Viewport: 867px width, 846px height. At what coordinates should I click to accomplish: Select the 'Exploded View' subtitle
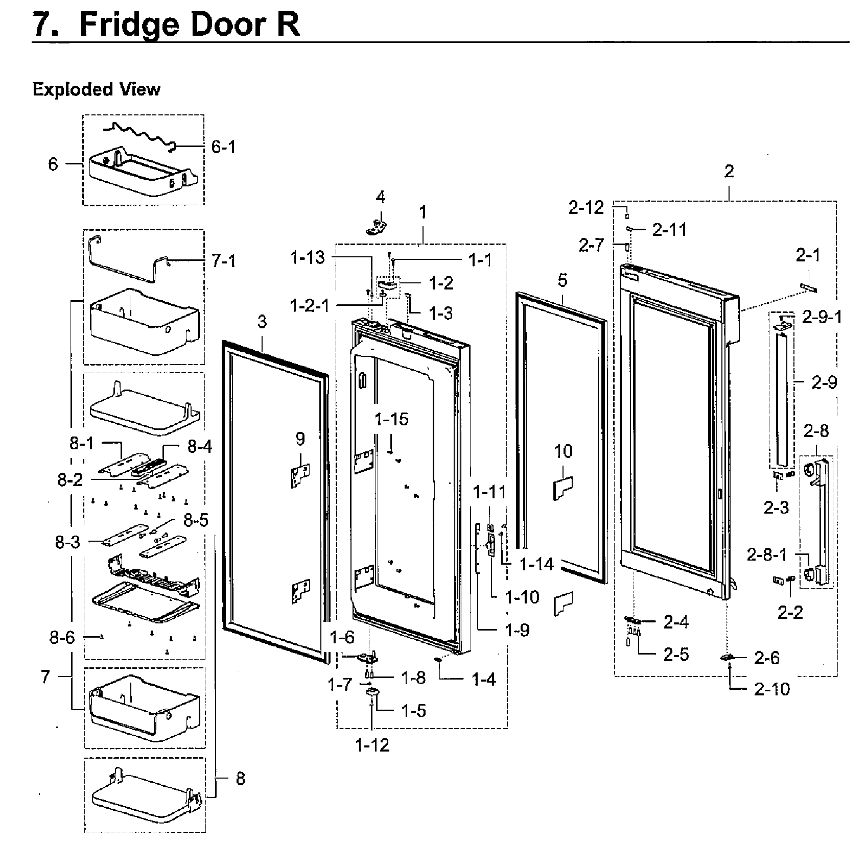coord(96,89)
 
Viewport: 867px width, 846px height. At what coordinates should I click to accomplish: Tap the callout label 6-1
coord(224,148)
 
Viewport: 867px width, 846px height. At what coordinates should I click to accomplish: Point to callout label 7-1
coord(224,261)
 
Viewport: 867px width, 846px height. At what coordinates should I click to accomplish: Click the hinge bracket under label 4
coord(377,226)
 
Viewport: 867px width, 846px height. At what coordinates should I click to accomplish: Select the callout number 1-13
coord(308,258)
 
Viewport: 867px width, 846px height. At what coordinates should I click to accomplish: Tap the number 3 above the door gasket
coord(262,322)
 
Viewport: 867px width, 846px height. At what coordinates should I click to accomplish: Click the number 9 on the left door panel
coord(300,439)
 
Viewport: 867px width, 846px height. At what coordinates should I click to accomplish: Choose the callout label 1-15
coord(392,420)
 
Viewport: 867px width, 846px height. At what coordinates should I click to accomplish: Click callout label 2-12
coord(586,207)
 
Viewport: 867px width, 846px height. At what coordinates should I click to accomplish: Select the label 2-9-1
coord(822,318)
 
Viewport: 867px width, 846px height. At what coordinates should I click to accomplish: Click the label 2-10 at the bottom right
coord(771,689)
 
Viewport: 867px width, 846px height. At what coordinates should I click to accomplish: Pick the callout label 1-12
coord(372,745)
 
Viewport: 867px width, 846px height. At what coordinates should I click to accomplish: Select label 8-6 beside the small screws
coord(62,637)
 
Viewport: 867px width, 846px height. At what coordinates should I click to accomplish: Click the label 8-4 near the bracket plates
coord(200,447)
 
